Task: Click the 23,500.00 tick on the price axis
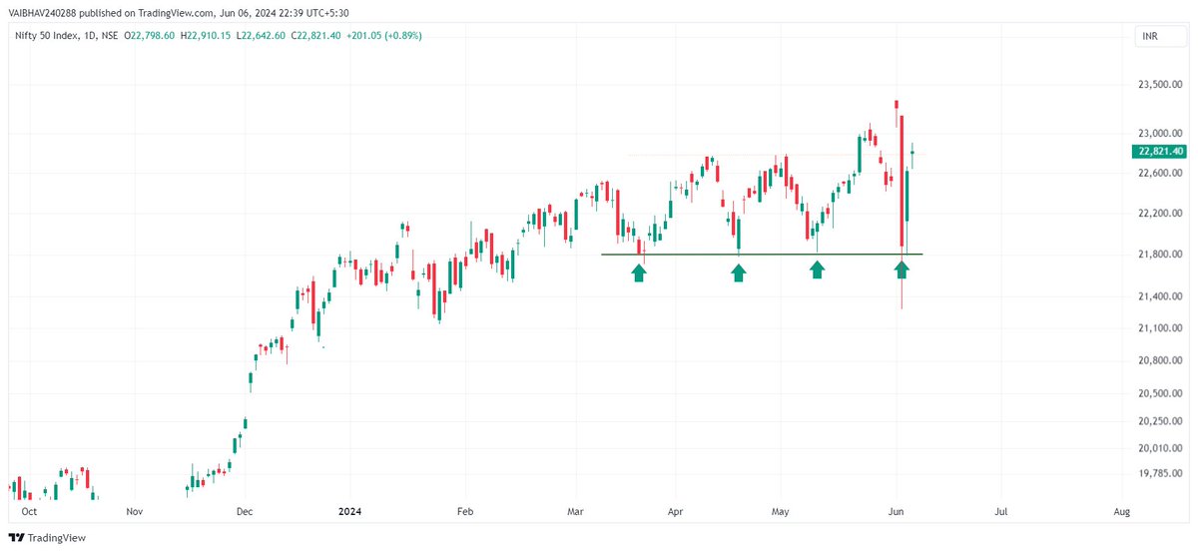tap(1160, 86)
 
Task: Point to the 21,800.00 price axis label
tap(1160, 255)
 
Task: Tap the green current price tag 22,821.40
tap(1160, 152)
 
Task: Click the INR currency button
tap(1151, 37)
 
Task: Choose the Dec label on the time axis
tap(245, 511)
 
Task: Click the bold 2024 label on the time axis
tap(349, 511)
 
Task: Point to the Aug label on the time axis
tap(1121, 511)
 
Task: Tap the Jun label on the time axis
tap(896, 511)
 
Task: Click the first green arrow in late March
tap(638, 272)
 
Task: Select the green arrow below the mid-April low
tap(738, 272)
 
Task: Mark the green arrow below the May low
tap(817, 270)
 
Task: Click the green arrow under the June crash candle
tap(901, 270)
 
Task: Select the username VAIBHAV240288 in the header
tap(44, 12)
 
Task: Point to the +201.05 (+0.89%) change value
tap(383, 36)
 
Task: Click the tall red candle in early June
tap(901, 180)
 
